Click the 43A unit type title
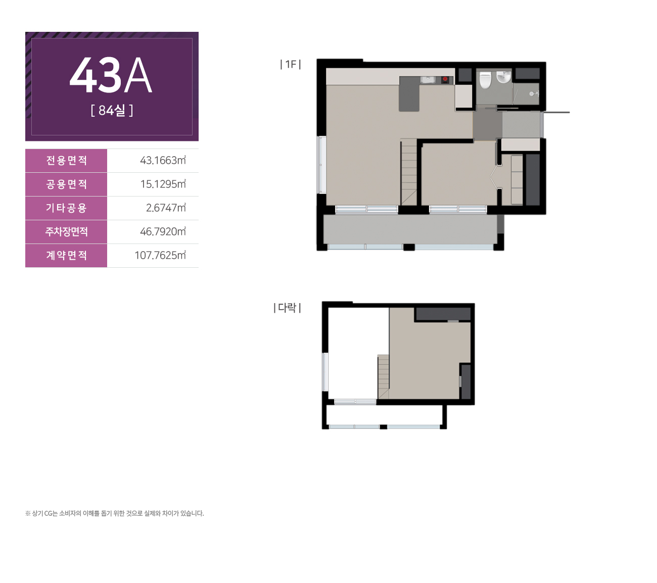(111, 76)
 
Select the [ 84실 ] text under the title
(112, 111)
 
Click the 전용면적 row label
(67, 161)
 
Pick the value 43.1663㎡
(163, 160)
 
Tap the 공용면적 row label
(67, 184)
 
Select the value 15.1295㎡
(163, 184)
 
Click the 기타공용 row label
(67, 208)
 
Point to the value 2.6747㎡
(166, 208)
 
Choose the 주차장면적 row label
(67, 231)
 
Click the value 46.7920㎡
(163, 231)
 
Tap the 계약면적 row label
(67, 255)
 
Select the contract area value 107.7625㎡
(160, 255)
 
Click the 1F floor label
(291, 65)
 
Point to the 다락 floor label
(288, 308)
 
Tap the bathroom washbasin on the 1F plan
(503, 77)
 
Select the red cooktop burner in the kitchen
(445, 79)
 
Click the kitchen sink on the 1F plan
(428, 79)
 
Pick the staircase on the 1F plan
(408, 172)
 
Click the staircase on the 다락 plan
(383, 377)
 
